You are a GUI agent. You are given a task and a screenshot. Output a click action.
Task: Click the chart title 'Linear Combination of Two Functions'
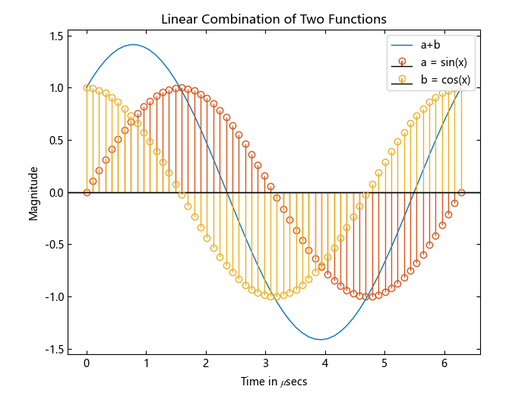click(273, 18)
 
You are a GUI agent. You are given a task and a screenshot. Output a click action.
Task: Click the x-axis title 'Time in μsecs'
click(273, 381)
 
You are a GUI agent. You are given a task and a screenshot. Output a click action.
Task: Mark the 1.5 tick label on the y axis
click(55, 36)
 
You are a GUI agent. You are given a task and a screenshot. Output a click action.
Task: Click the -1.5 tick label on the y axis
click(54, 349)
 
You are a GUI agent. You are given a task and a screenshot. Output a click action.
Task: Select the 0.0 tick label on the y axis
click(55, 192)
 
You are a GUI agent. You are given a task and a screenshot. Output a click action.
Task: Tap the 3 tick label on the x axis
click(265, 363)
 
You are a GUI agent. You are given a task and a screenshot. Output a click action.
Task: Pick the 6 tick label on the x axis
click(444, 363)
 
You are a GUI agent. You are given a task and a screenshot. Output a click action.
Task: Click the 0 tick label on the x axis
click(87, 363)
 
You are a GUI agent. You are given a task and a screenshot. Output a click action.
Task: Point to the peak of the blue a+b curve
click(133, 44)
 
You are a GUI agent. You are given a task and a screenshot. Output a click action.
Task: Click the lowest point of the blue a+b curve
click(321, 339)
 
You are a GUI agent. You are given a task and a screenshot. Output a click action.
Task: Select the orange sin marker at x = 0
click(87, 192)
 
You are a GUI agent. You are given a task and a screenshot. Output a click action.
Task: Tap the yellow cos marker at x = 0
click(87, 87)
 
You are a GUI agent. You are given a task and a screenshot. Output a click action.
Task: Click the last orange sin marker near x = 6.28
click(461, 192)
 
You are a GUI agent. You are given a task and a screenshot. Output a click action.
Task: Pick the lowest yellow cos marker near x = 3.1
click(271, 296)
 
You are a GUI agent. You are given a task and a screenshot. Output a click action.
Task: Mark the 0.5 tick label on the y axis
click(55, 140)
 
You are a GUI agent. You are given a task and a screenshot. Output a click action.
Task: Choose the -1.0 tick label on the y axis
click(54, 296)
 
